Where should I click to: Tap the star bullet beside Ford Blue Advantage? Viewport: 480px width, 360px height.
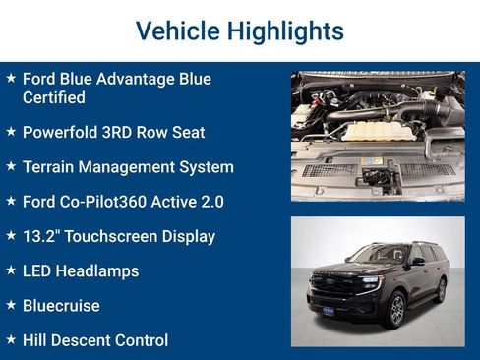(x=10, y=78)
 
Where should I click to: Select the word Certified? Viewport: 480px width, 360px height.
(x=53, y=97)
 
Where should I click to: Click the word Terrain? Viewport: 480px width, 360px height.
(x=50, y=166)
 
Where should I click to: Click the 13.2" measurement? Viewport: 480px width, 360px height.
(x=43, y=236)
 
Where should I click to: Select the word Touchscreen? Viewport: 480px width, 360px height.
(x=117, y=236)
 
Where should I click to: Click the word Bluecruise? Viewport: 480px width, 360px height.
(x=61, y=306)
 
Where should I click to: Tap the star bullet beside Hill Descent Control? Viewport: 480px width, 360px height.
(x=10, y=339)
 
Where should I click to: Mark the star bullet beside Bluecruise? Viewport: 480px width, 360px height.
(x=10, y=305)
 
